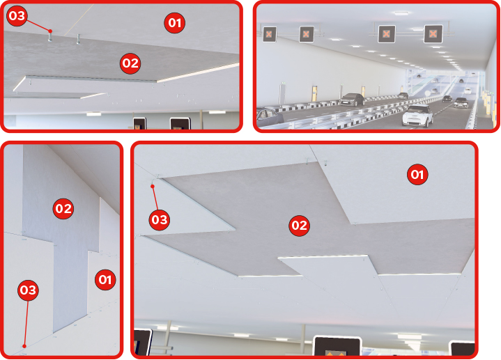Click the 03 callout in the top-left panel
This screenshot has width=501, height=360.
click(17, 15)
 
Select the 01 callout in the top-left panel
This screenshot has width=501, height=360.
click(174, 23)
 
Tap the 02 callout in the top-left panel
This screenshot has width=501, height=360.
click(130, 63)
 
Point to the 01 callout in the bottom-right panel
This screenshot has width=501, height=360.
click(417, 174)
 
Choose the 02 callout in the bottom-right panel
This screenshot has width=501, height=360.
click(299, 226)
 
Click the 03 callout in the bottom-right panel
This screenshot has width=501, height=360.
click(159, 220)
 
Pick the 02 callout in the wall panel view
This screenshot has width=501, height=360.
click(63, 209)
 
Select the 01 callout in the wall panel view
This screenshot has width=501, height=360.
click(105, 280)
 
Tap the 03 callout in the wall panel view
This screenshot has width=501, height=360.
click(28, 290)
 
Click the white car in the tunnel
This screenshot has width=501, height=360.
click(417, 116)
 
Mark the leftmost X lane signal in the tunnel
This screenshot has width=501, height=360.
click(269, 34)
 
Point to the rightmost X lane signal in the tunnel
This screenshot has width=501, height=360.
click(433, 34)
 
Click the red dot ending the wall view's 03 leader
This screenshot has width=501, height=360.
click(24, 346)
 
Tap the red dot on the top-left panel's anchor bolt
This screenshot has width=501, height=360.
click(50, 31)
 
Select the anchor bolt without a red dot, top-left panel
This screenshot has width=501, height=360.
click(78, 39)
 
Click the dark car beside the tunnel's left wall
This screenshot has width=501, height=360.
click(352, 100)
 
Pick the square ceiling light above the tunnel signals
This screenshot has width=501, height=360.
click(399, 13)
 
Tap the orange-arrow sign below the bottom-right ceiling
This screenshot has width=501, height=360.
click(337, 346)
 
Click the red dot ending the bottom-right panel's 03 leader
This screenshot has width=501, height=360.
click(153, 186)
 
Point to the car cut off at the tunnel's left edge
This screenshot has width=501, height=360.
click(269, 116)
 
